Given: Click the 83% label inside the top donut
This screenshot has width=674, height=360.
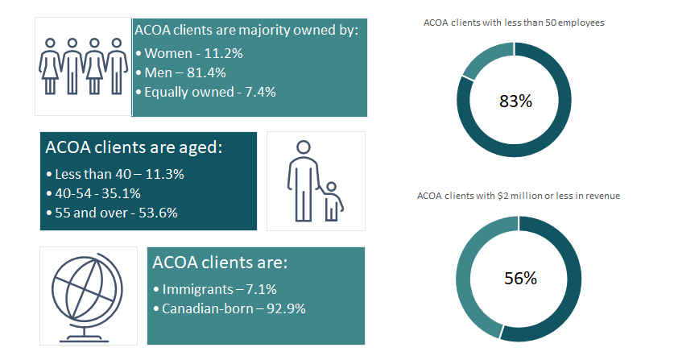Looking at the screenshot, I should [515, 101].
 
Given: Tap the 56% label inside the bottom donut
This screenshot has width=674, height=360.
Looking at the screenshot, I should [519, 279].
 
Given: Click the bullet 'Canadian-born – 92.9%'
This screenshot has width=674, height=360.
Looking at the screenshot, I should [229, 308].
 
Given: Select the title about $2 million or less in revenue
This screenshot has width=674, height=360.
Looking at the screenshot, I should [518, 196].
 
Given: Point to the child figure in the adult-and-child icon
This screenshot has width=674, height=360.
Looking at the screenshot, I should [332, 201].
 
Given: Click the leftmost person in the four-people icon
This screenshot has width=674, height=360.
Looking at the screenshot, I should [51, 65].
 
